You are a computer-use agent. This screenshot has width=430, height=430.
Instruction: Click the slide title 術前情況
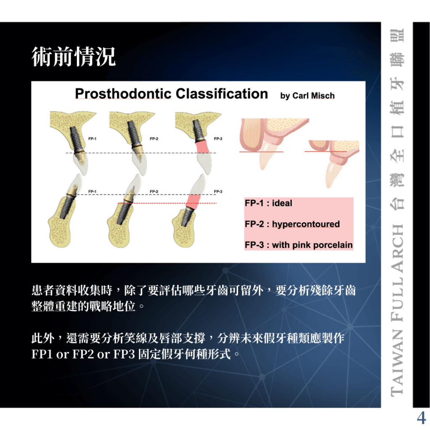pyautogui.click(x=73, y=57)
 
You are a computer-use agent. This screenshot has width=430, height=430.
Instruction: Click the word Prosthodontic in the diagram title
pyautogui.click(x=123, y=94)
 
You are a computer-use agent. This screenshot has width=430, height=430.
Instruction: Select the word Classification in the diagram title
pyautogui.click(x=222, y=94)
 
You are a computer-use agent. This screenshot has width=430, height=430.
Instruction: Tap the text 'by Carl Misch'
pyautogui.click(x=307, y=96)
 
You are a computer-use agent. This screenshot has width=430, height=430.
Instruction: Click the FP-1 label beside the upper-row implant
pyautogui.click(x=92, y=139)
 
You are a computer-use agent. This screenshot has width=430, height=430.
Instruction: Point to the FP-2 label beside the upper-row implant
pyautogui.click(x=154, y=139)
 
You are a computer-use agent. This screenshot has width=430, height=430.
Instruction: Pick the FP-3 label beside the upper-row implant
pyautogui.click(x=218, y=139)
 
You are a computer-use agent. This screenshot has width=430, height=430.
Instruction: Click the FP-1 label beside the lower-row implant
pyautogui.click(x=92, y=191)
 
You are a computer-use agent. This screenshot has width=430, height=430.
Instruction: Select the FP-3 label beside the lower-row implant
pyautogui.click(x=218, y=191)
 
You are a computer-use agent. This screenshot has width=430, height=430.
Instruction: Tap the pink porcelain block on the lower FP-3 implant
pyautogui.click(x=193, y=202)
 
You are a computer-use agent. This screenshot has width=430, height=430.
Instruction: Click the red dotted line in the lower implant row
pyautogui.click(x=167, y=203)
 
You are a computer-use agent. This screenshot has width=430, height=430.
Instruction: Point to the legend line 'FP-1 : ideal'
pyautogui.click(x=268, y=203)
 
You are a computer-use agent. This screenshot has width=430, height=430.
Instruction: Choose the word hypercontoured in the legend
pyautogui.click(x=306, y=224)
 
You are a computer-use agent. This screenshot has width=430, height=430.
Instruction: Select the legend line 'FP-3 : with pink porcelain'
pyautogui.click(x=299, y=245)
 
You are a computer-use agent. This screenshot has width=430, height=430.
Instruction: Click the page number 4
pyautogui.click(x=421, y=418)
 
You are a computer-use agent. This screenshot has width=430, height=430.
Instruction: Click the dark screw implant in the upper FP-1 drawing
pyautogui.click(x=76, y=140)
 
